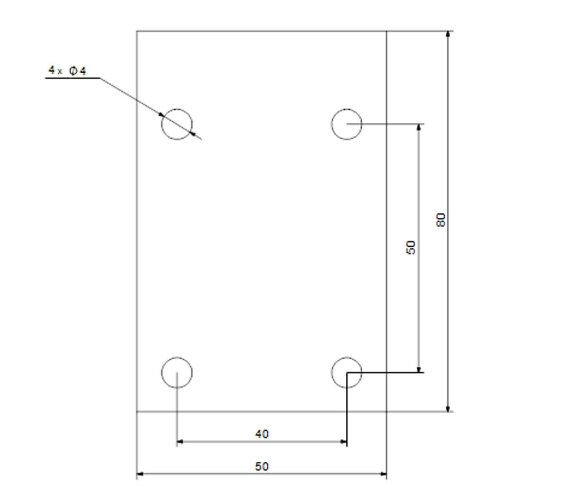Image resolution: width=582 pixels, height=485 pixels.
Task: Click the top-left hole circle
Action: click(162, 124)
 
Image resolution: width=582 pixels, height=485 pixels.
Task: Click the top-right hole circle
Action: click(331, 124)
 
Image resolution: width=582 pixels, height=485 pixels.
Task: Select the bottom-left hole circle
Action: click(162, 372)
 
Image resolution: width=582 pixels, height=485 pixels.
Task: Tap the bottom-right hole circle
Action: click(331, 372)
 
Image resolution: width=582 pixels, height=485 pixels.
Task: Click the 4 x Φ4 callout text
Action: click(67, 70)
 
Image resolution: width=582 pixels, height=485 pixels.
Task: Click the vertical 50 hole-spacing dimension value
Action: click(411, 247)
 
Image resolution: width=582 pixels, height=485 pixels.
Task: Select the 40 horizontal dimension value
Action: click(262, 434)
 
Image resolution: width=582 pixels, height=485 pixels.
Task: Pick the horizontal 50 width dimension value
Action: click(262, 466)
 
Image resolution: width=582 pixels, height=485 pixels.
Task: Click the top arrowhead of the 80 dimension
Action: click(448, 34)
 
